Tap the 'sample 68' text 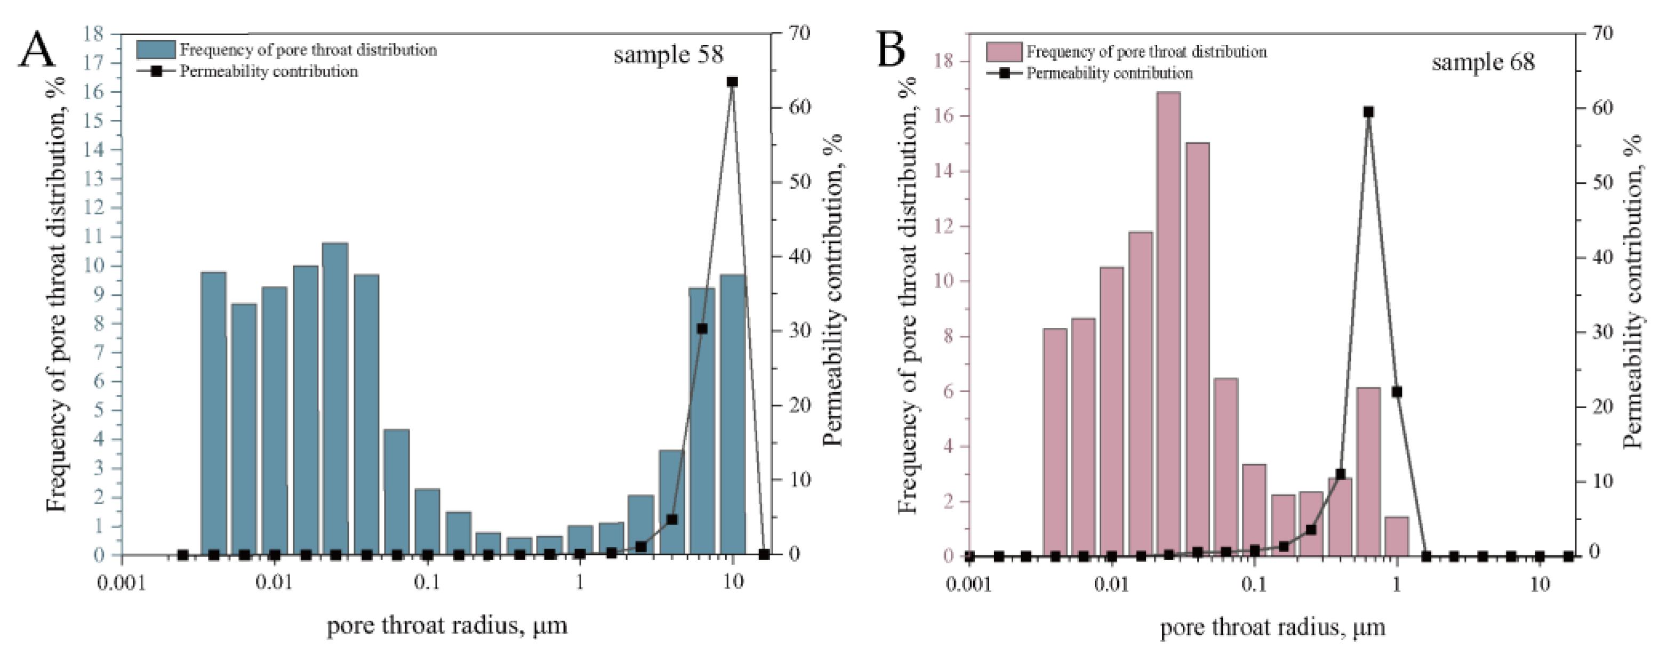1482,63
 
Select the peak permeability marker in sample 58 732,82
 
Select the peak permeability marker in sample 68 1368,112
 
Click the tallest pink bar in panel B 1168,324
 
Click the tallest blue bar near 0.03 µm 334,398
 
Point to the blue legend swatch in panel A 155,50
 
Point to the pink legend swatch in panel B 1004,52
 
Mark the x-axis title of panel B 1272,627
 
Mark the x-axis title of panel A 446,626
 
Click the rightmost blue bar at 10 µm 733,414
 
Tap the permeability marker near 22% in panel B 1397,391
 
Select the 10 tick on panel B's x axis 1540,584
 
